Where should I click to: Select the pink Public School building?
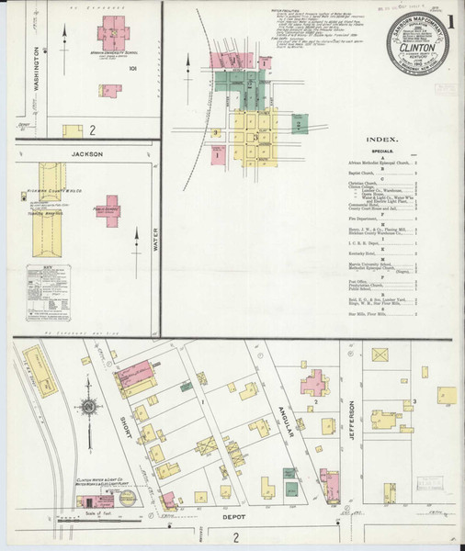click(x=112, y=210)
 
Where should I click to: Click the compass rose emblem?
click(x=90, y=407)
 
